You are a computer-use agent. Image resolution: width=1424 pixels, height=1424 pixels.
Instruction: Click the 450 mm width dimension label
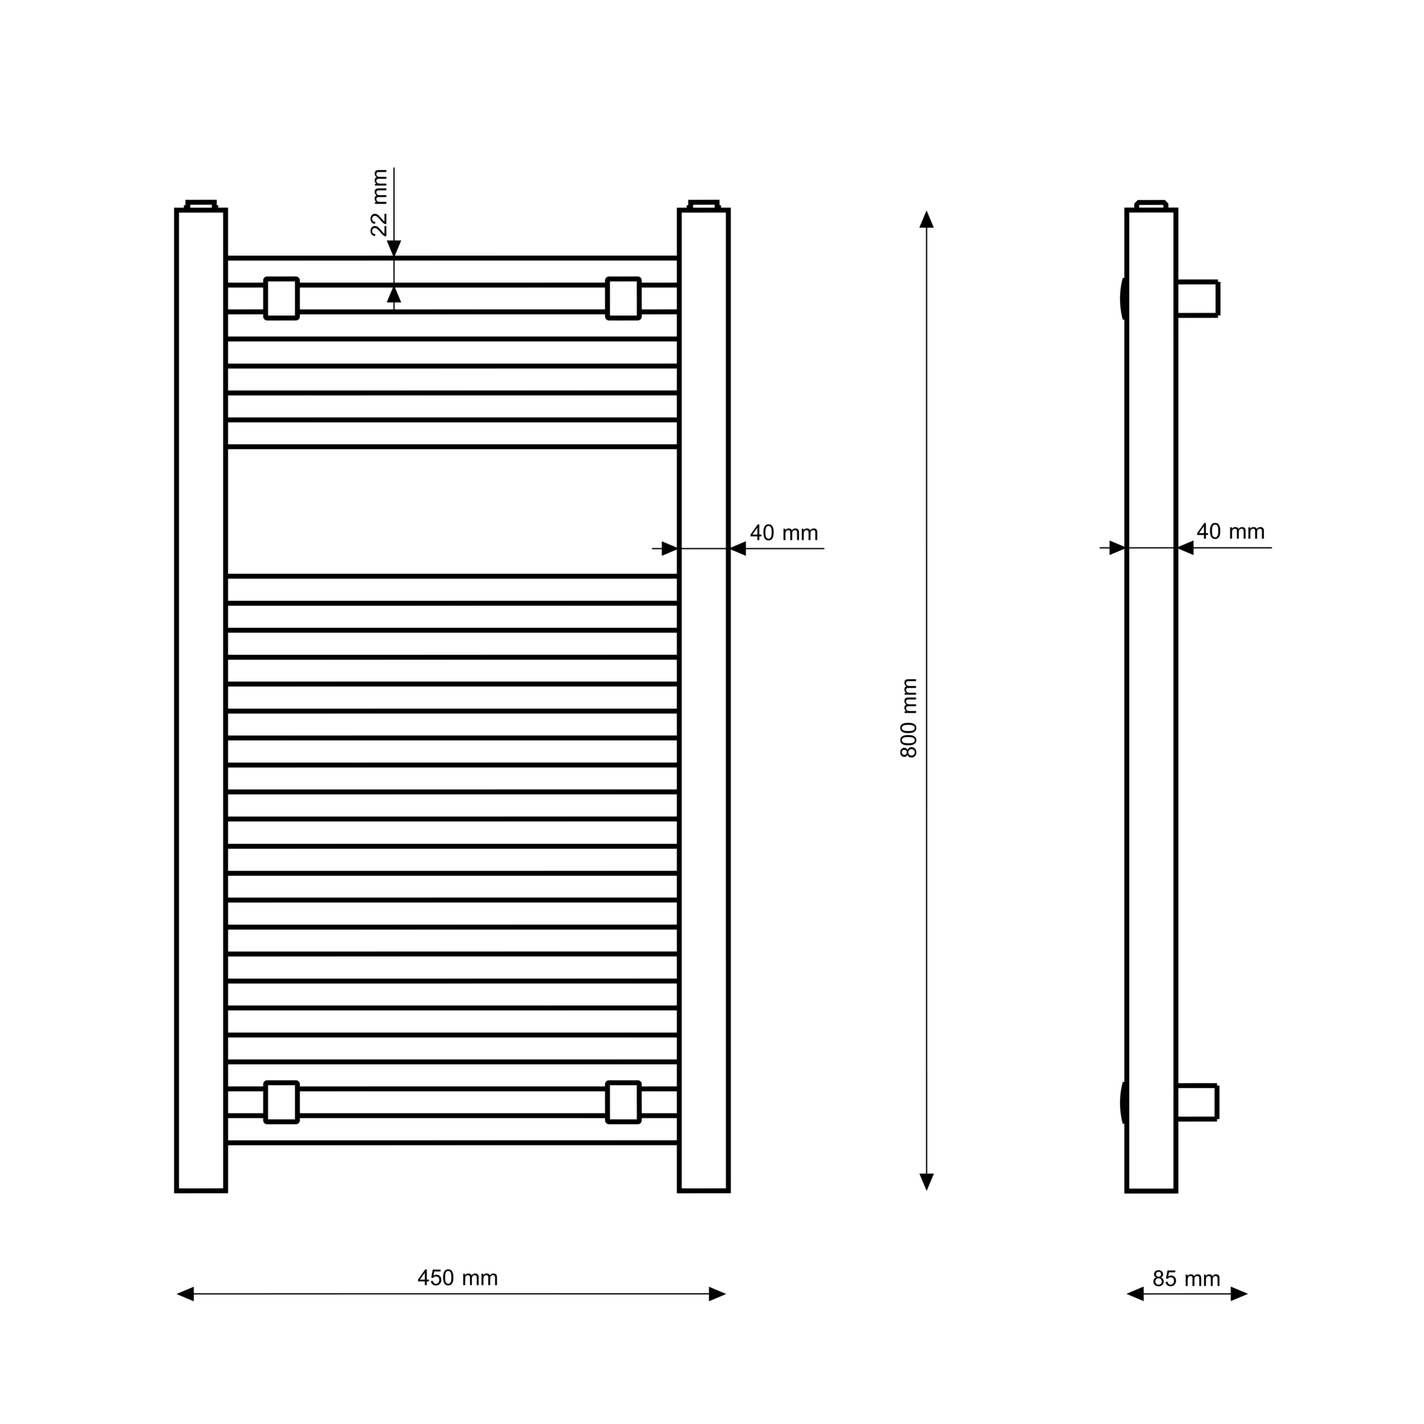458,1278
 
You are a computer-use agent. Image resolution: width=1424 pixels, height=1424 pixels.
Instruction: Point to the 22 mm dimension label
379,203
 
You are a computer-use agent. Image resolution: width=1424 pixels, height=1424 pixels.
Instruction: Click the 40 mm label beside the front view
784,533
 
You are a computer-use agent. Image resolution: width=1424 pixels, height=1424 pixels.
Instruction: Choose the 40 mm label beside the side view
1231,531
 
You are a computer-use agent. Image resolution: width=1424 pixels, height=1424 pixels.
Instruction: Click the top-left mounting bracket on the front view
281,298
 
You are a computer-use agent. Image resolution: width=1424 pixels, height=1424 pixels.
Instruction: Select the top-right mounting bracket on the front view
624,298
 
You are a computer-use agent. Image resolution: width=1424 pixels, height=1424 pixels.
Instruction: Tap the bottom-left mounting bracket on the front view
281,1103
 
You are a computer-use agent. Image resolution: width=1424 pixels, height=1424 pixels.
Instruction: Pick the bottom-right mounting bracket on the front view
624,1103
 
